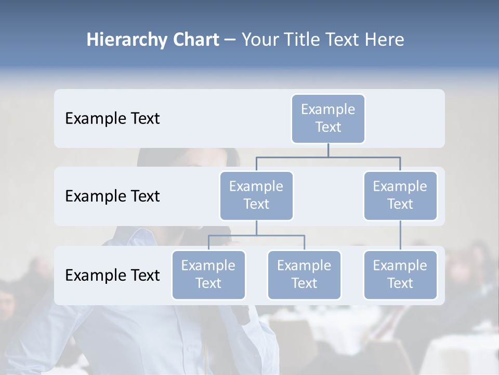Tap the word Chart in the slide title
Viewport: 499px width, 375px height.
tap(195, 40)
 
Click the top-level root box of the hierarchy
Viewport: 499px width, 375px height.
tap(328, 119)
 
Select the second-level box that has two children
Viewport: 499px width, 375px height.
tap(256, 196)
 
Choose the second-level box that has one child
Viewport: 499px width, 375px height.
tap(400, 196)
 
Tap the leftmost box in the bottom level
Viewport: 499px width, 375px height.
tap(208, 275)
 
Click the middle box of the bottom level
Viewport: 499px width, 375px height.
tap(304, 275)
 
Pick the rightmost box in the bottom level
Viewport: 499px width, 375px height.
tap(400, 275)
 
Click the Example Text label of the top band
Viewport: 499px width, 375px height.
tap(112, 119)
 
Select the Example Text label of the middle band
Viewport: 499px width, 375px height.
tap(112, 196)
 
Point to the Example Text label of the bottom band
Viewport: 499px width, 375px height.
tap(112, 275)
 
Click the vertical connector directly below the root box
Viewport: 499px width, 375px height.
tap(328, 150)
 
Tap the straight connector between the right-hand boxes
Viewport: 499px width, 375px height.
tap(400, 235)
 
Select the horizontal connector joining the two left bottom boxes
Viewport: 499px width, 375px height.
tap(256, 235)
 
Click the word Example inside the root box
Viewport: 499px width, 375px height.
tap(328, 109)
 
